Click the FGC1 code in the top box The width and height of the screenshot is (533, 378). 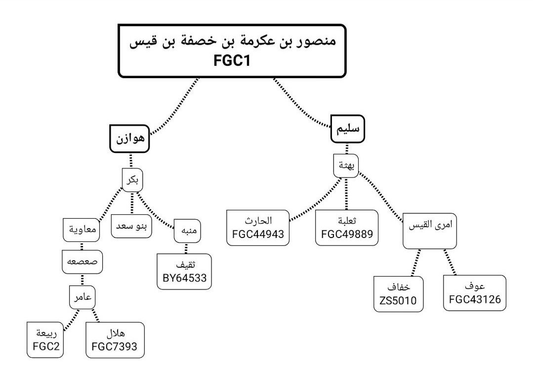(x=231, y=62)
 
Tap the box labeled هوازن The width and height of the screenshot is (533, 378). (x=130, y=138)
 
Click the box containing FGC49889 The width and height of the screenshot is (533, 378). (x=347, y=228)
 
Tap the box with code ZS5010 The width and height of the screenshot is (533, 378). (x=398, y=294)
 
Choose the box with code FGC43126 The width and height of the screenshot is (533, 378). (x=475, y=292)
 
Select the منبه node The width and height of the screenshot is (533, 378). (x=186, y=233)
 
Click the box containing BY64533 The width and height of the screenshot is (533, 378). (x=184, y=272)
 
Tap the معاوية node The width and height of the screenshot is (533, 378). (x=82, y=229)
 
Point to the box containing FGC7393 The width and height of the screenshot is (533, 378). (x=115, y=340)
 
